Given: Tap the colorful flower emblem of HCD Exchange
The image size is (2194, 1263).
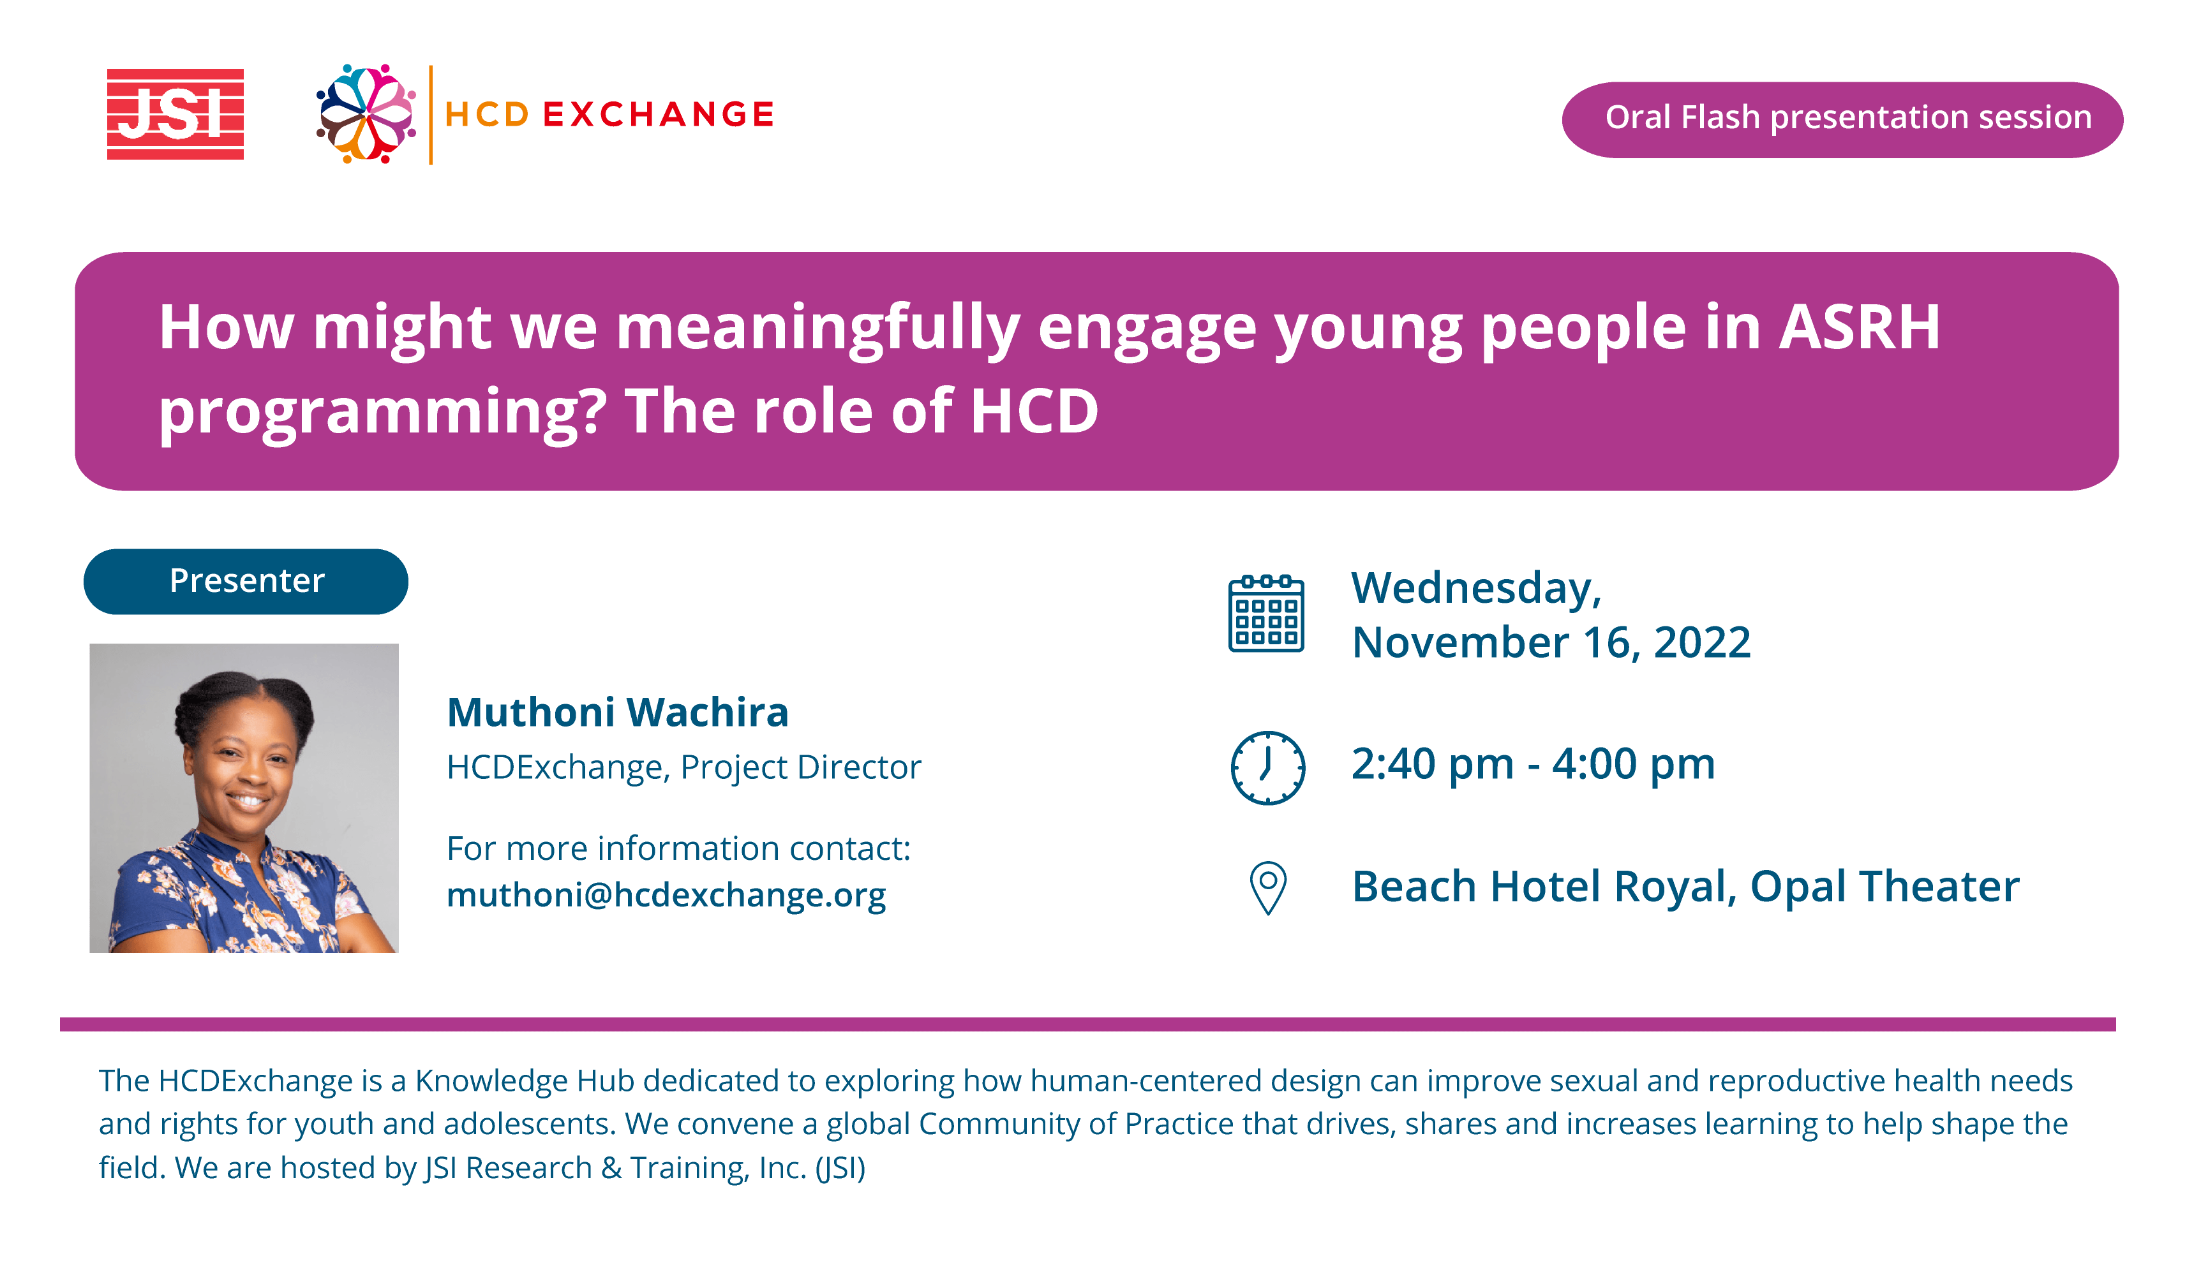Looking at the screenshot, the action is pos(366,114).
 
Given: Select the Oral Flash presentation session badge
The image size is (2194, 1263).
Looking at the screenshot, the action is pos(1842,120).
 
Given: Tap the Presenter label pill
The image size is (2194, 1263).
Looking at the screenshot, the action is pos(246,581).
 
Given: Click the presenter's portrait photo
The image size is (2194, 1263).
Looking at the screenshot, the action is pos(244,798).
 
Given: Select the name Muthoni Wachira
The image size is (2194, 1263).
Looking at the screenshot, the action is pos(618,712).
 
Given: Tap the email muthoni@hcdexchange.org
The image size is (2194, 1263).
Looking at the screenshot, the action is pos(666,895).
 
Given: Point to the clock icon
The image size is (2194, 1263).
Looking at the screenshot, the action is pos(1267,768).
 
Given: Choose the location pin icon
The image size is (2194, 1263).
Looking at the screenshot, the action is pos(1267,887).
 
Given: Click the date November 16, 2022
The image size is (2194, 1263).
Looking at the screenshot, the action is pos(1551,643).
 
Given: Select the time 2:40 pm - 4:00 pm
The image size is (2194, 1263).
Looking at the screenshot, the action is pos(1533,764).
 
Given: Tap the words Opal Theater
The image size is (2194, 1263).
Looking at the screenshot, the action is pos(1884,887).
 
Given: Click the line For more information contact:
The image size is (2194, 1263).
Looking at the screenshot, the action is pos(678,848).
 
